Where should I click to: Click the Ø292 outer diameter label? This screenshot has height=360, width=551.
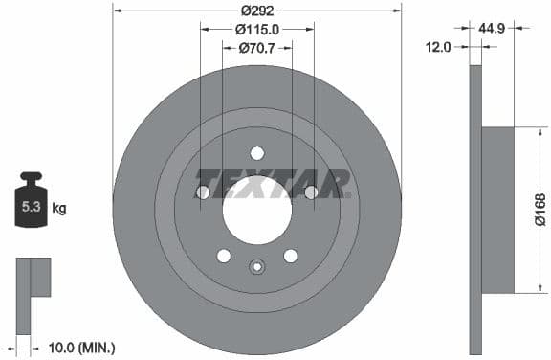256,11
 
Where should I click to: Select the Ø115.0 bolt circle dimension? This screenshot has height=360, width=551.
256,30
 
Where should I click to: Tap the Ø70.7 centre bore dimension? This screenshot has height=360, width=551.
256,47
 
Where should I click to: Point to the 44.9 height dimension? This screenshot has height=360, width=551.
494,30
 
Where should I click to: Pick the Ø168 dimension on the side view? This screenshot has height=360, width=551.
540,210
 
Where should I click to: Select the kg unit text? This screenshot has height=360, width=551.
58,207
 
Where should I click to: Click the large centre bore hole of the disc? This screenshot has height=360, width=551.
256,209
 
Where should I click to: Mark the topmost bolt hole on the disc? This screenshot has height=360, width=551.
256,153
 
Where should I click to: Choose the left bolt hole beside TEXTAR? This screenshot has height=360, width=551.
203,192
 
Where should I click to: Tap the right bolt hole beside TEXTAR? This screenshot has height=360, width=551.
311,192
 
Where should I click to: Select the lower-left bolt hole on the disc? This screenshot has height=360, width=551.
224,255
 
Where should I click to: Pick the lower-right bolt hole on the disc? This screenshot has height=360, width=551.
290,255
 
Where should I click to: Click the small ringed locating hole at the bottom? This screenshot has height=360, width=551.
256,268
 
